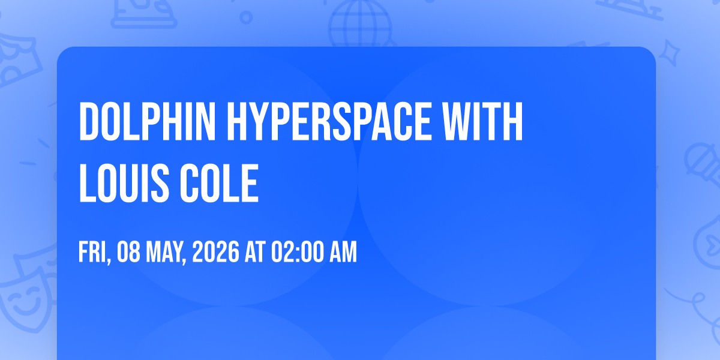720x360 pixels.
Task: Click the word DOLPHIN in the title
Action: click(147, 121)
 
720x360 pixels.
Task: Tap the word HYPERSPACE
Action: click(329, 121)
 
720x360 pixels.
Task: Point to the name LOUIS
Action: click(124, 183)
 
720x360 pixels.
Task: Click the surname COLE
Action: click(219, 183)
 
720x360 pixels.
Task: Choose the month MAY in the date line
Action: click(166, 253)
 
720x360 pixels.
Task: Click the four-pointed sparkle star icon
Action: click(670, 53)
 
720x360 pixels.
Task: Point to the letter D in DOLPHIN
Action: click(88, 121)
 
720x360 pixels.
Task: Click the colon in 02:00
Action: click(296, 254)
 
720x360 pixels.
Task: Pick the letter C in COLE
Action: click(190, 183)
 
